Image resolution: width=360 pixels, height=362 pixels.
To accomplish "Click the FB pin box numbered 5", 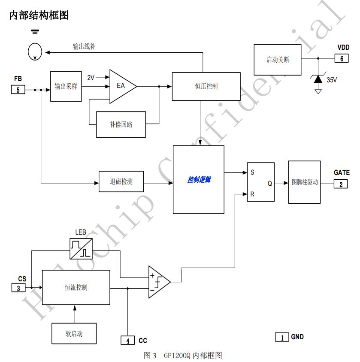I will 18,90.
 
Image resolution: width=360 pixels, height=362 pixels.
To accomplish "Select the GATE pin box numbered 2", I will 341,184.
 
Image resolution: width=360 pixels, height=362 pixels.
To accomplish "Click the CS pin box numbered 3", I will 18,288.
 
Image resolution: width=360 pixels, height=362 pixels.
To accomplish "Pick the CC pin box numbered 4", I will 127,341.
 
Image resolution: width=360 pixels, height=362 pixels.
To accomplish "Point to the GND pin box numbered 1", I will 282,337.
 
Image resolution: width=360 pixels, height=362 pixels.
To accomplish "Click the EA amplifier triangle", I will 121,86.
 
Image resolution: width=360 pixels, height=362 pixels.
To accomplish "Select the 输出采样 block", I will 66,86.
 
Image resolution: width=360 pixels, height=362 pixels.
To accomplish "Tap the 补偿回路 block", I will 121,124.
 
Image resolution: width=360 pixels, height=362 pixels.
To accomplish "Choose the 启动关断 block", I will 277,60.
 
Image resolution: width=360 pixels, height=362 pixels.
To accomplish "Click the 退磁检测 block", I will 121,181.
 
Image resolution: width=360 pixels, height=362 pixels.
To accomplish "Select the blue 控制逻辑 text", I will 199,180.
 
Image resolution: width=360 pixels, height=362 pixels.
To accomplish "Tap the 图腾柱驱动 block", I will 304,182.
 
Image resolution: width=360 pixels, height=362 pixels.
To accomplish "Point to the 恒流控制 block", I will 76,287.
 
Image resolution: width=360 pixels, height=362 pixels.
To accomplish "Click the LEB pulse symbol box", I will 81,248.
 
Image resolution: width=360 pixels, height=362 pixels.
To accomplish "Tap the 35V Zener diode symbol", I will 318,79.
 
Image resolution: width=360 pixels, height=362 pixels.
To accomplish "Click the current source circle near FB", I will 35,51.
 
